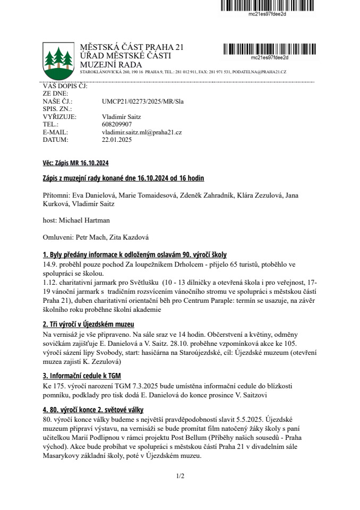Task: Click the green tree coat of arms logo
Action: (x=58, y=58)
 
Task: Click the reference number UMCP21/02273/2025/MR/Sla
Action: (x=142, y=101)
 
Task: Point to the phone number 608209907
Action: (x=117, y=124)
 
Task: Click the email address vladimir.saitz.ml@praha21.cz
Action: (x=142, y=132)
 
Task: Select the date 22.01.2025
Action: (x=116, y=140)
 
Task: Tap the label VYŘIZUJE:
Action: (x=59, y=116)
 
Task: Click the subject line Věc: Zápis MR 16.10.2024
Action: (x=75, y=163)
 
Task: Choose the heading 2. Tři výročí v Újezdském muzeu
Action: (x=88, y=324)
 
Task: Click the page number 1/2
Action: (x=180, y=476)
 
